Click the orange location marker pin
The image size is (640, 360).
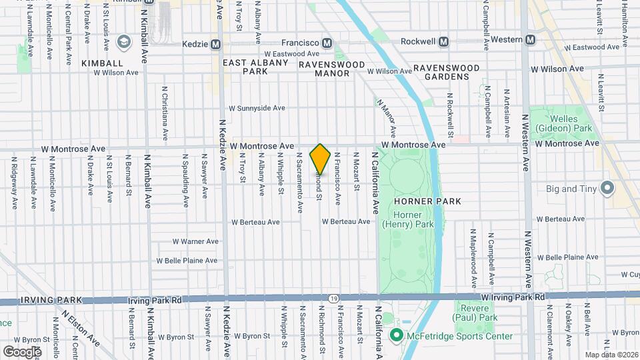320,159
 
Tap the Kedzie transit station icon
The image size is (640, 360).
215,44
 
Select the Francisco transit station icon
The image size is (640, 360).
327,42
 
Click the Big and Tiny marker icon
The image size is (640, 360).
607,189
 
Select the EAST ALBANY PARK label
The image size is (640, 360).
255,67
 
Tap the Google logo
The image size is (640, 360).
21,351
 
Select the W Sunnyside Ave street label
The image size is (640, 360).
257,108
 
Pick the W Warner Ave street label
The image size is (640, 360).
195,241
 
